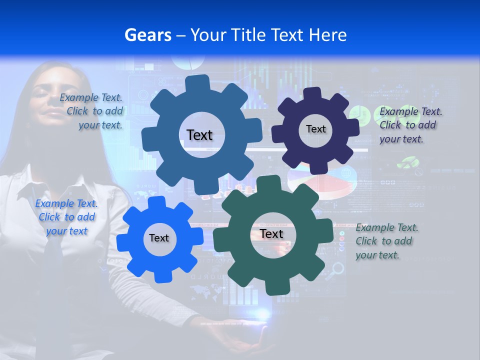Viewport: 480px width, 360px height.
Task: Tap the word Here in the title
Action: pos(327,35)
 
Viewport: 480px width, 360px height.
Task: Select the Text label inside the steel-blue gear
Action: pos(199,135)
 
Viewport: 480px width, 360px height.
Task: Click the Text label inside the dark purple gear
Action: pos(315,129)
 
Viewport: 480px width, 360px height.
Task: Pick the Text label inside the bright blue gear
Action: pos(158,238)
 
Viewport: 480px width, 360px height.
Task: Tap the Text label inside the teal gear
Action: pos(271,234)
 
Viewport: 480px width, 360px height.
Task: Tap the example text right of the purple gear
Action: pos(410,125)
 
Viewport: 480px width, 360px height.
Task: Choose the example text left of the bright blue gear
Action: pos(66,217)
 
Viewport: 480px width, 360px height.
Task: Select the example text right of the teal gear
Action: pos(386,241)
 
